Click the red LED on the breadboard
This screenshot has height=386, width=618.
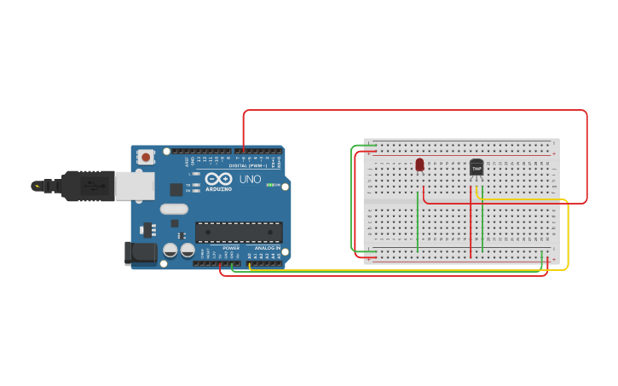(x=419, y=164)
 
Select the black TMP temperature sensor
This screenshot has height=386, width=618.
(x=476, y=169)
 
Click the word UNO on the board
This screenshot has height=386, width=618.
(x=250, y=180)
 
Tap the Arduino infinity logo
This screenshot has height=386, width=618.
(x=218, y=179)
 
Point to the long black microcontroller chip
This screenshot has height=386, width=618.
(x=239, y=232)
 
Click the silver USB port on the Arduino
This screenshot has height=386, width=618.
(x=134, y=186)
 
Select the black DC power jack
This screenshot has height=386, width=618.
(x=140, y=252)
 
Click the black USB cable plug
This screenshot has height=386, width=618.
(x=84, y=185)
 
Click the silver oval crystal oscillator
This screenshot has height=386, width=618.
(x=174, y=209)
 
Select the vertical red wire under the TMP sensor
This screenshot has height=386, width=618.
(x=471, y=226)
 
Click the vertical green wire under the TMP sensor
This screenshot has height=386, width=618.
(x=482, y=226)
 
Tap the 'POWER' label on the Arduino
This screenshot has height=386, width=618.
(x=231, y=248)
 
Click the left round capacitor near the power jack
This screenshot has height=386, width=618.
(x=170, y=251)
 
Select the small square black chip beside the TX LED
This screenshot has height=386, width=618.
(x=176, y=189)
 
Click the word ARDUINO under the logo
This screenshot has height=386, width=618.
(x=218, y=189)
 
